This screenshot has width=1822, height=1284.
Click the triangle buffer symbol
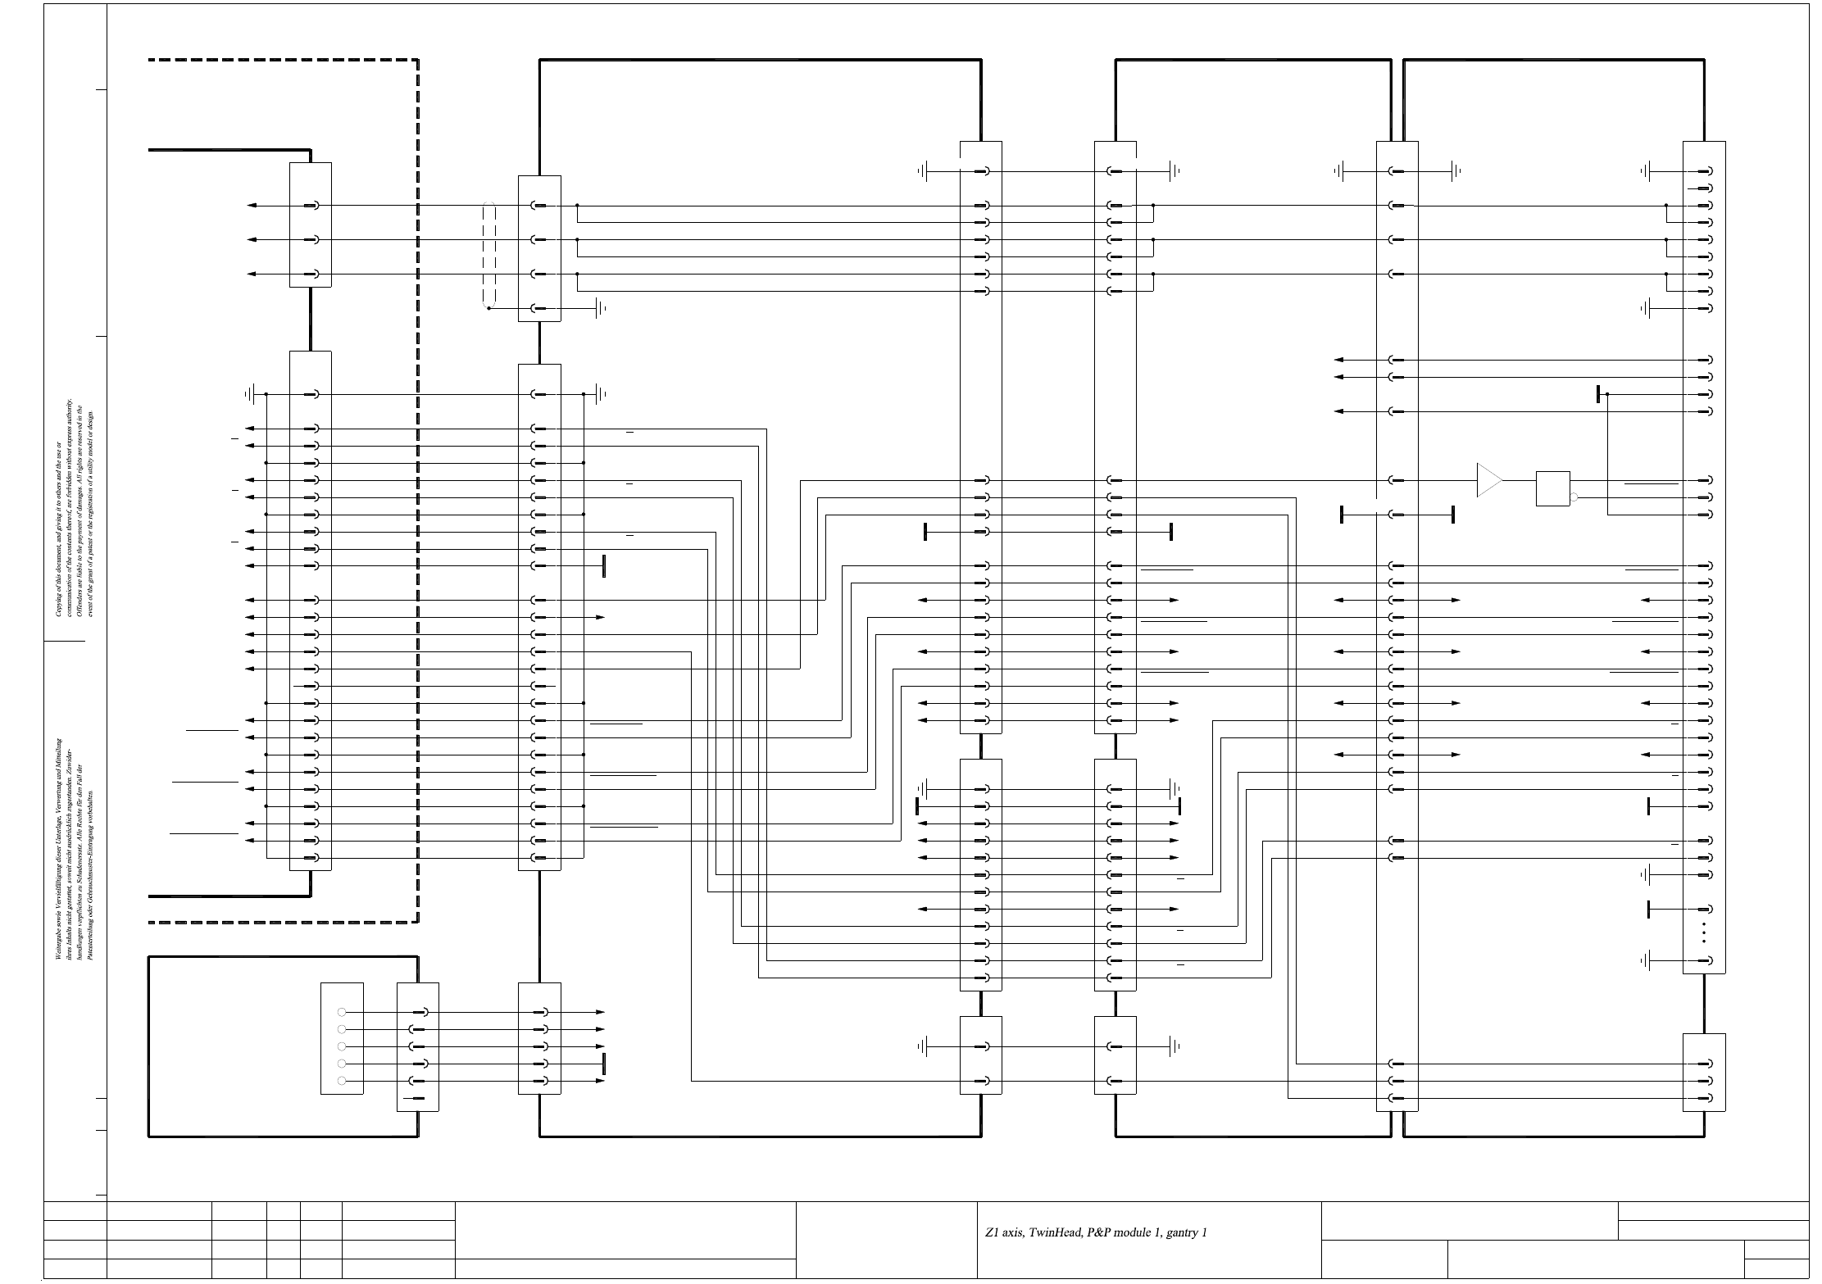click(x=1488, y=480)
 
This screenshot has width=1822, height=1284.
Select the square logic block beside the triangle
click(x=1552, y=488)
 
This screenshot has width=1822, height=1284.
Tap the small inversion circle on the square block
click(x=1574, y=497)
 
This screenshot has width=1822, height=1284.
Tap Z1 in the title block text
click(x=991, y=1232)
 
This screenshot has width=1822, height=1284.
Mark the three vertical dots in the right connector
click(x=1704, y=932)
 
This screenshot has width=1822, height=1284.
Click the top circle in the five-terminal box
click(x=342, y=1013)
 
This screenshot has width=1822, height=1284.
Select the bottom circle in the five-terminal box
click(x=342, y=1081)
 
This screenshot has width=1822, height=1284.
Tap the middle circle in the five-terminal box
click(x=342, y=1046)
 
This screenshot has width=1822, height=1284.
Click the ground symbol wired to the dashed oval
click(x=602, y=308)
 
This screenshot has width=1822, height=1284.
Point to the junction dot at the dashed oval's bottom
click(x=489, y=308)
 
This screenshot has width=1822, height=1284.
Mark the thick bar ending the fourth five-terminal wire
click(x=604, y=1064)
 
